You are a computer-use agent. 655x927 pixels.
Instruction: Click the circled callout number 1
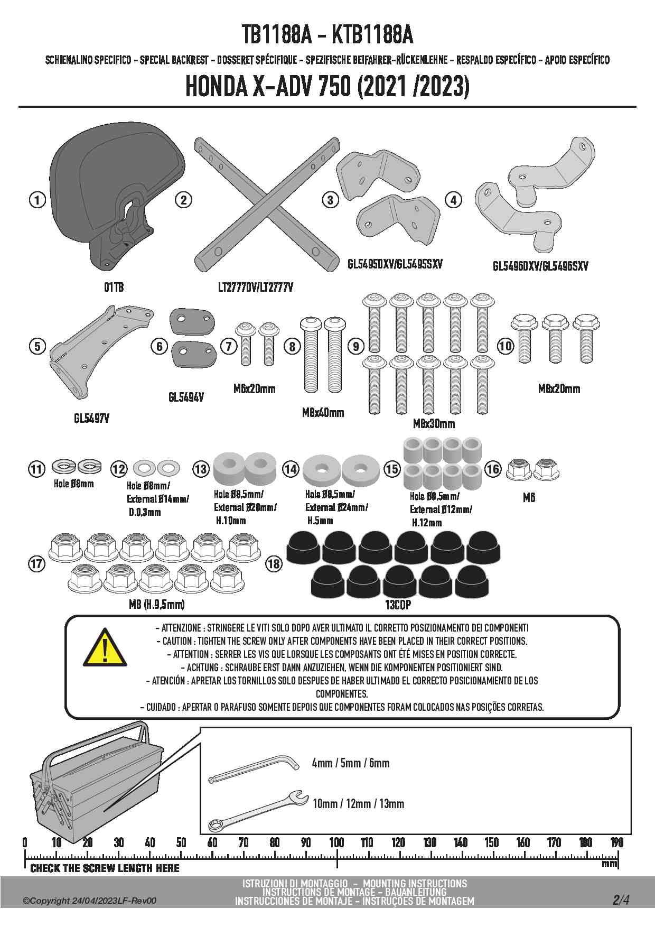point(37,200)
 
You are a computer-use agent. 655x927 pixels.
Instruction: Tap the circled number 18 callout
point(274,563)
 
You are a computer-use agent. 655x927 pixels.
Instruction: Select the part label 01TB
point(114,287)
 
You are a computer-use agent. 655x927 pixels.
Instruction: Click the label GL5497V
point(91,418)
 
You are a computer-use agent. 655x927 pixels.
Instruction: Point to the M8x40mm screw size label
point(323,412)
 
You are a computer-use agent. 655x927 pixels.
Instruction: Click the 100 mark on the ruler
point(336,842)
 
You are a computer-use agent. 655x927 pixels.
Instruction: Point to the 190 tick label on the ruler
point(616,842)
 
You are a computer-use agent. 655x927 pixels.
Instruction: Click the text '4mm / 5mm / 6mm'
point(350,763)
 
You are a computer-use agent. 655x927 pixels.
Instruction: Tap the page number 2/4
point(621,900)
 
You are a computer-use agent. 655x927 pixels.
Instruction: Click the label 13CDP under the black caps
point(398,605)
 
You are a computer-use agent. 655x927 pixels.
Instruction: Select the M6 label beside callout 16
point(529,497)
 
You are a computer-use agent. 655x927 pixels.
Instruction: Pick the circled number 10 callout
point(506,346)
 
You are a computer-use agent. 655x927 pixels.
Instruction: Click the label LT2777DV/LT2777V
point(255,287)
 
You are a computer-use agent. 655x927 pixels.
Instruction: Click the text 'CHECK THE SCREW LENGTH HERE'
point(105,868)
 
